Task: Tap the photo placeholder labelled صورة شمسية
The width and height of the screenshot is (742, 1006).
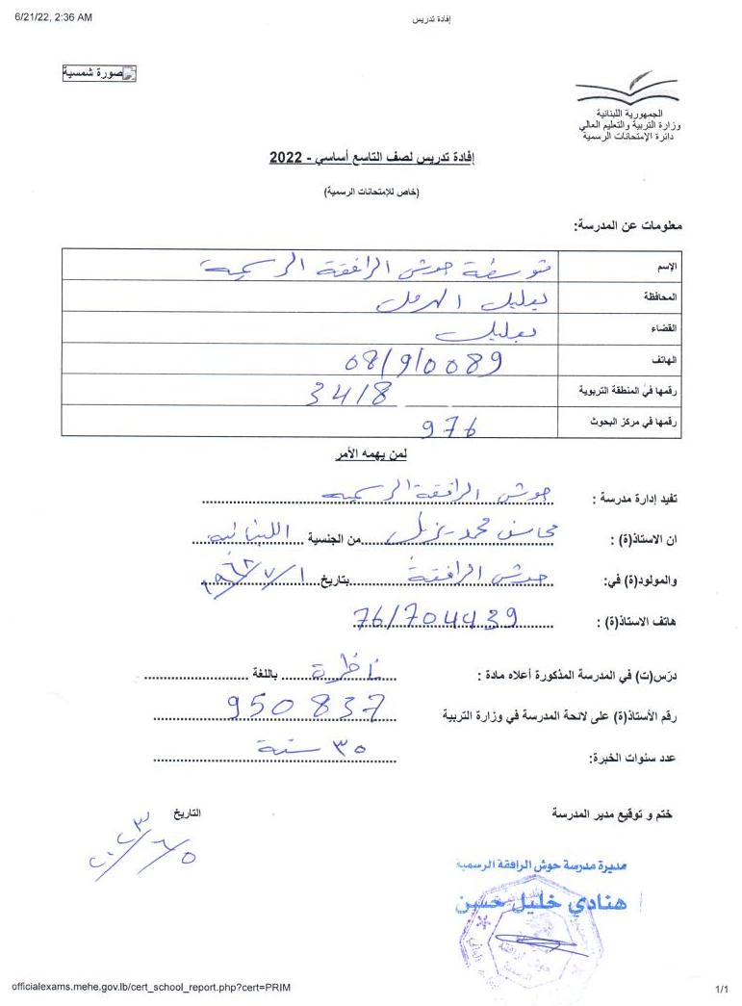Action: [x=99, y=73]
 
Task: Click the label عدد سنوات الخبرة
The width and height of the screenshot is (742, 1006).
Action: [x=632, y=759]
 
